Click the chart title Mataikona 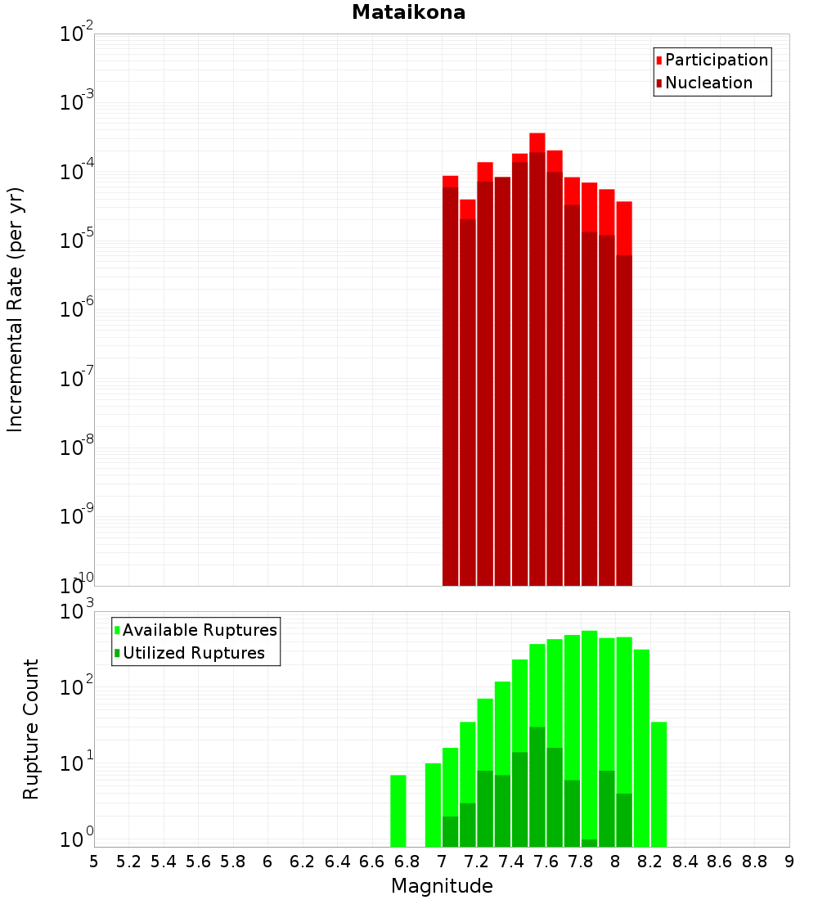click(408, 12)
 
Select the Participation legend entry click(716, 60)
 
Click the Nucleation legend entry click(708, 83)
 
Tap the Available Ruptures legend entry click(199, 630)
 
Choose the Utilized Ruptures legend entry click(193, 653)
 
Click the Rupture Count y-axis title click(31, 728)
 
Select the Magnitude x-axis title click(442, 886)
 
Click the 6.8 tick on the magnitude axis click(407, 862)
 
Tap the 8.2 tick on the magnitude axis click(650, 862)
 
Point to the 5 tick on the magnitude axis click(94, 862)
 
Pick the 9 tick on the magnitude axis click(789, 862)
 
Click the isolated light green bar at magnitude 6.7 click(398, 810)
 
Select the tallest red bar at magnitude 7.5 click(537, 360)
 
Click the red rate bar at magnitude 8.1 click(624, 393)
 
